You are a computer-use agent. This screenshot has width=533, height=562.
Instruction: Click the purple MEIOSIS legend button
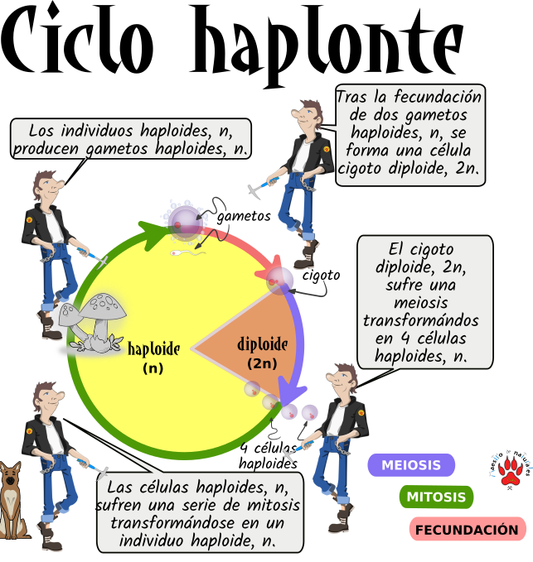click(x=411, y=465)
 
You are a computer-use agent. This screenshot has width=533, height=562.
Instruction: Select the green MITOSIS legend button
click(x=436, y=497)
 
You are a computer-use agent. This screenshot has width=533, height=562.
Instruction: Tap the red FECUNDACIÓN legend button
click(x=468, y=530)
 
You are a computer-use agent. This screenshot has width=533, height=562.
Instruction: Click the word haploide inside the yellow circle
click(x=153, y=349)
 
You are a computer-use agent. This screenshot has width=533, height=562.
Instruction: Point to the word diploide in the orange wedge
click(x=262, y=344)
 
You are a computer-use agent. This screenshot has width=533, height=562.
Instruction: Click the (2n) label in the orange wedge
click(x=262, y=363)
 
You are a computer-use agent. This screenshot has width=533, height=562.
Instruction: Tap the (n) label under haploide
click(x=153, y=368)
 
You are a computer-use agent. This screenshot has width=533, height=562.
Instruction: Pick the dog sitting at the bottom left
click(x=12, y=497)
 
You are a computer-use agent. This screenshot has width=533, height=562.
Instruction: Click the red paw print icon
click(x=510, y=470)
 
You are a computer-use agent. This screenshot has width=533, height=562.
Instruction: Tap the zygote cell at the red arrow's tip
click(x=279, y=279)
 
